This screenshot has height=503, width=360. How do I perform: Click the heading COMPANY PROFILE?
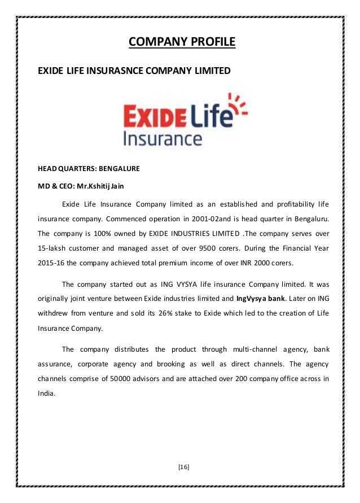(x=180, y=42)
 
